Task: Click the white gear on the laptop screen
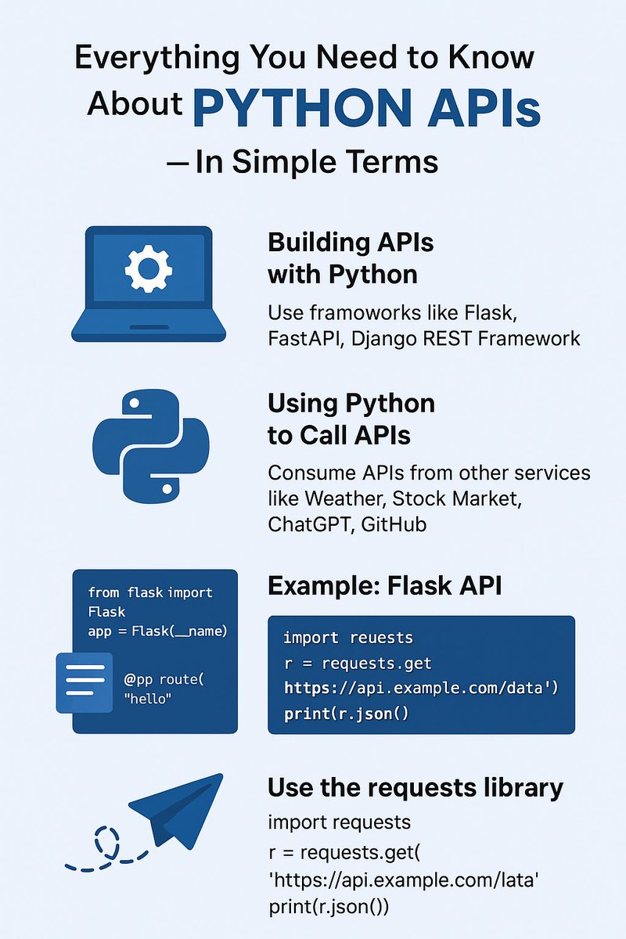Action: (148, 268)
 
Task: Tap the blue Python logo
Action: (150, 447)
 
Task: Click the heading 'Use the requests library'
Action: (416, 787)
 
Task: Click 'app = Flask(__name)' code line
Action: (157, 631)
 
